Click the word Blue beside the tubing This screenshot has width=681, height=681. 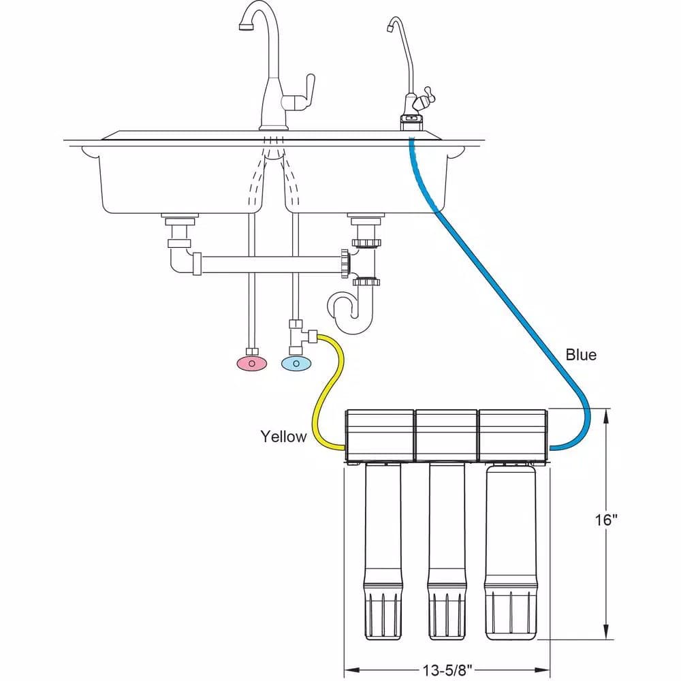click(x=581, y=355)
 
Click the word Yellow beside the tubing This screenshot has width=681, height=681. click(x=283, y=437)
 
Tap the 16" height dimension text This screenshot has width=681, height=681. click(x=606, y=520)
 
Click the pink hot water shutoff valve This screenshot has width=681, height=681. click(x=251, y=363)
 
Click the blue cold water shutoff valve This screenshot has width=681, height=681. click(x=296, y=363)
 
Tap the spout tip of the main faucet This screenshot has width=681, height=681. click(x=246, y=27)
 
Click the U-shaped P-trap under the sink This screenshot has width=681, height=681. click(x=352, y=312)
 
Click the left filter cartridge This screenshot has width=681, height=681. click(x=382, y=551)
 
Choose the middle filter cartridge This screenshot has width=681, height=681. click(x=447, y=551)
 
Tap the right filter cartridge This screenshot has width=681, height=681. click(x=510, y=552)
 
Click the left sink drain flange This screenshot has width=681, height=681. click(x=180, y=215)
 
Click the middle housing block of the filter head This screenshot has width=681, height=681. click(x=447, y=434)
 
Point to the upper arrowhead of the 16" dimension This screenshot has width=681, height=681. click(x=606, y=415)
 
